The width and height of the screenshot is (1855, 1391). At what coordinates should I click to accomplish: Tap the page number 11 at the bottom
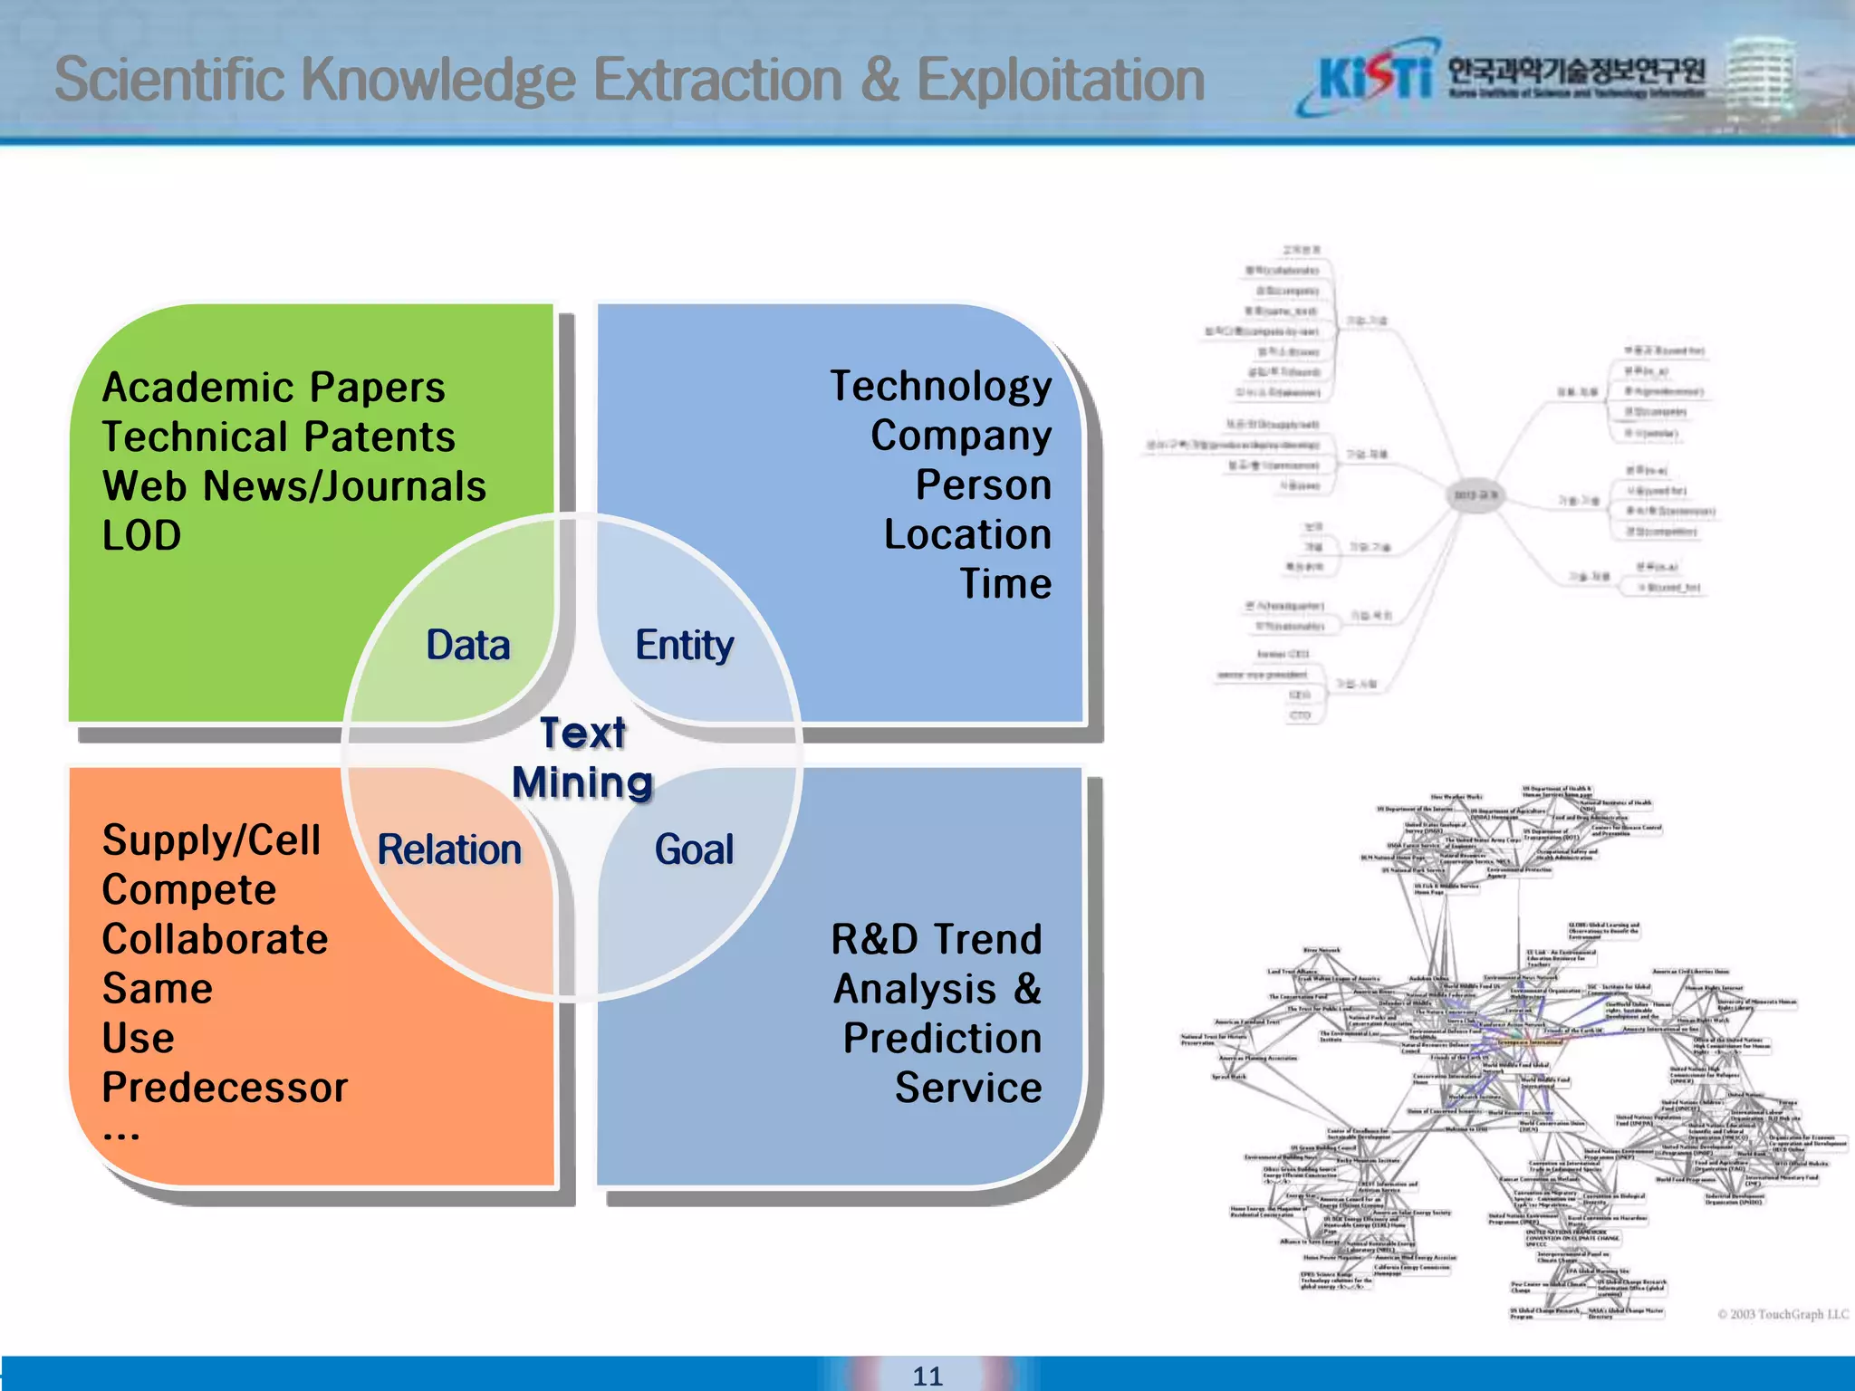click(x=927, y=1376)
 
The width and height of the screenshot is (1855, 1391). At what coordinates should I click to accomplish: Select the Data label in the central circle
click(x=468, y=645)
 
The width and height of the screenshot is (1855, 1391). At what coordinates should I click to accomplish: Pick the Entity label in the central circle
click(x=684, y=645)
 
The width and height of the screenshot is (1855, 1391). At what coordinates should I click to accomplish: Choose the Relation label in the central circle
click(x=449, y=849)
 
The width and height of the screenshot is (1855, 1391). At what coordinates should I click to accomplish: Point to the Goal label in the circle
click(x=694, y=849)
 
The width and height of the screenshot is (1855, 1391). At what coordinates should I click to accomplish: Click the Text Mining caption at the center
click(x=582, y=757)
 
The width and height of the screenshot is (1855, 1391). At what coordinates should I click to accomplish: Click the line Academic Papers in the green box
click(x=274, y=388)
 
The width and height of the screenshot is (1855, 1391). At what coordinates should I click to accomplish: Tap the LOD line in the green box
click(x=142, y=536)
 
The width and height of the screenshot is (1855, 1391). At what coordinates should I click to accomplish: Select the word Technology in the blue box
click(x=941, y=387)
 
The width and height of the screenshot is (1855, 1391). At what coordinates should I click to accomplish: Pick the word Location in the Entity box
click(x=967, y=534)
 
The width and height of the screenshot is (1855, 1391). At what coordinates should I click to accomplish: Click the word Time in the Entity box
click(x=1005, y=584)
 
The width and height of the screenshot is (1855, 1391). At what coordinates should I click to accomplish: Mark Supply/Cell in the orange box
click(x=212, y=840)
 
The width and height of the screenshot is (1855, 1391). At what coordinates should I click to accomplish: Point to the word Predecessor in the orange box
click(x=225, y=1088)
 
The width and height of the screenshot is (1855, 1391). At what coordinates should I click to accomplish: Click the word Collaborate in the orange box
click(x=216, y=939)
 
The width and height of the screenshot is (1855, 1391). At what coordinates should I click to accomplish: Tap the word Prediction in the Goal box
click(x=942, y=1039)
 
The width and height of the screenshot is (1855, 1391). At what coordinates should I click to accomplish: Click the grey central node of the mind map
click(x=1475, y=495)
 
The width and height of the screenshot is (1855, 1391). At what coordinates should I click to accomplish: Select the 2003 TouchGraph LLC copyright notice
click(x=1783, y=1314)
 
